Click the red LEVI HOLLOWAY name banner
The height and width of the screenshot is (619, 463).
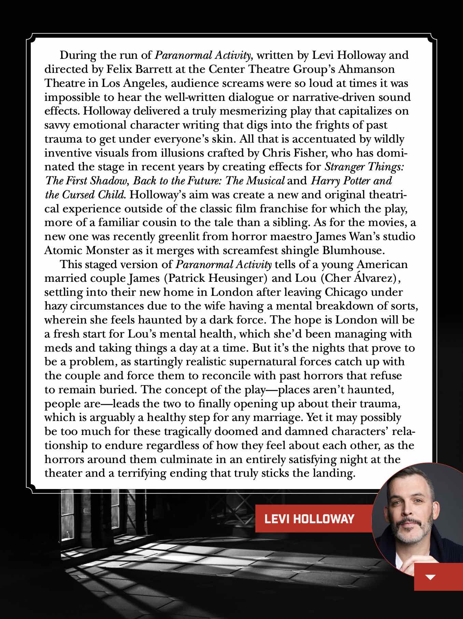[309, 519]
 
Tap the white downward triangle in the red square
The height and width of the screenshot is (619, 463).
[431, 578]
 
